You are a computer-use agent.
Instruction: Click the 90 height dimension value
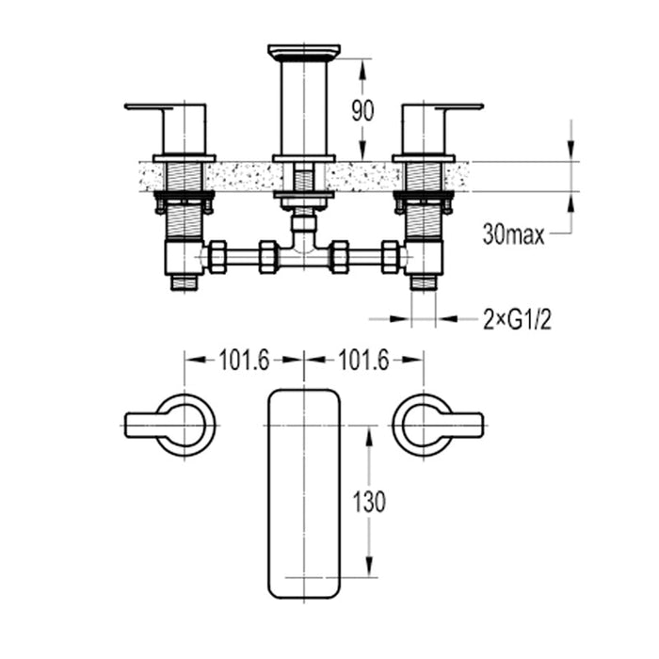(x=362, y=110)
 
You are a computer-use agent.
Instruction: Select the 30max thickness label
(x=513, y=235)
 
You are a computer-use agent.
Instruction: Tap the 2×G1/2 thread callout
(x=517, y=320)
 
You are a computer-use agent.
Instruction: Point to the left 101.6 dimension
(x=244, y=360)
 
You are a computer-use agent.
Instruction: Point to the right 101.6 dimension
(x=363, y=360)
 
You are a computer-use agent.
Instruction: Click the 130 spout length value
(x=368, y=502)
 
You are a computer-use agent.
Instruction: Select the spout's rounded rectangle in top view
(x=303, y=492)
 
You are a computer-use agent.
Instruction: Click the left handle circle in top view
(x=185, y=426)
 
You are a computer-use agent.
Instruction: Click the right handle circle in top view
(x=422, y=426)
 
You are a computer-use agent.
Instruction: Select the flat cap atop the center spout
(x=303, y=51)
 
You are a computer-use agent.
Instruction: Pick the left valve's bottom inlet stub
(x=184, y=281)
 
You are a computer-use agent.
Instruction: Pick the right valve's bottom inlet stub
(x=424, y=281)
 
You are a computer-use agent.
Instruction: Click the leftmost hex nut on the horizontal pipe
(x=217, y=256)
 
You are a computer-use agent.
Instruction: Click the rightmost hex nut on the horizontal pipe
(x=390, y=256)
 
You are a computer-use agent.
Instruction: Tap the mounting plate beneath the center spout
(x=303, y=199)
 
